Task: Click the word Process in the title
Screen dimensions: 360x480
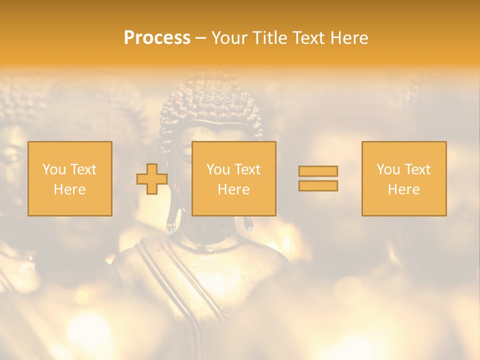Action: [x=157, y=37]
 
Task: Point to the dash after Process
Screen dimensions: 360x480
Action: [x=201, y=38]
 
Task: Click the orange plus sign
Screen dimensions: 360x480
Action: [x=152, y=179]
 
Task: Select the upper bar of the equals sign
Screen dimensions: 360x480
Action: [x=318, y=171]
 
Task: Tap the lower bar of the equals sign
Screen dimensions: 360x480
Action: [x=318, y=186]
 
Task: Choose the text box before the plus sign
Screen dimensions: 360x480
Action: [x=70, y=178]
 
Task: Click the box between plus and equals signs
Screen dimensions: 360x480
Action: [x=233, y=178]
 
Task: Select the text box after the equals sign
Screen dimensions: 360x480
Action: [x=404, y=178]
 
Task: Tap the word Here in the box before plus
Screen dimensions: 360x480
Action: [x=70, y=189]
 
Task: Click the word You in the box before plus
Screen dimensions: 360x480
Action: [x=54, y=169]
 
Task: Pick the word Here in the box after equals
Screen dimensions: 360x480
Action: [x=404, y=189]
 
